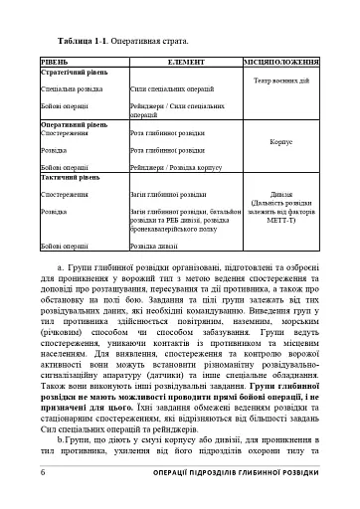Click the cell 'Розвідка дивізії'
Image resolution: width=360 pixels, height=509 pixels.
[157, 244]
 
